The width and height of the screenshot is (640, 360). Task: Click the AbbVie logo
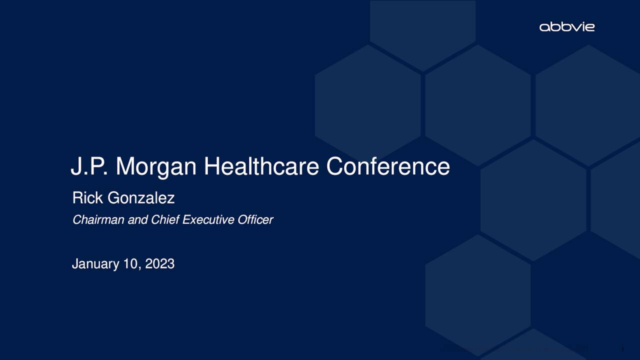[x=567, y=26]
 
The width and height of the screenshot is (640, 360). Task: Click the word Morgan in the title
[x=156, y=166]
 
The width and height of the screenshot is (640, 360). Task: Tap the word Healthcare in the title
[x=261, y=166]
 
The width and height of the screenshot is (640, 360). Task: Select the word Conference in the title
[x=388, y=166]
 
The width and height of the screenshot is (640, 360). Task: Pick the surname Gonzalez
[x=141, y=198]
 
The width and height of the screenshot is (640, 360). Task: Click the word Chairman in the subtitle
[x=98, y=219]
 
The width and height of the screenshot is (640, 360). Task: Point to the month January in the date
[x=95, y=264]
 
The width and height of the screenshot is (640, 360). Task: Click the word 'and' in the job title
[x=138, y=219]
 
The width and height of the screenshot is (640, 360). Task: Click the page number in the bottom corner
[x=622, y=349]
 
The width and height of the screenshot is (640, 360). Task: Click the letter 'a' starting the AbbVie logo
[x=544, y=27]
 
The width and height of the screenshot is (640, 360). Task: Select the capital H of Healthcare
[x=211, y=166]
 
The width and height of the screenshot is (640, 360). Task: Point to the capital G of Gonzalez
[x=113, y=198]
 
